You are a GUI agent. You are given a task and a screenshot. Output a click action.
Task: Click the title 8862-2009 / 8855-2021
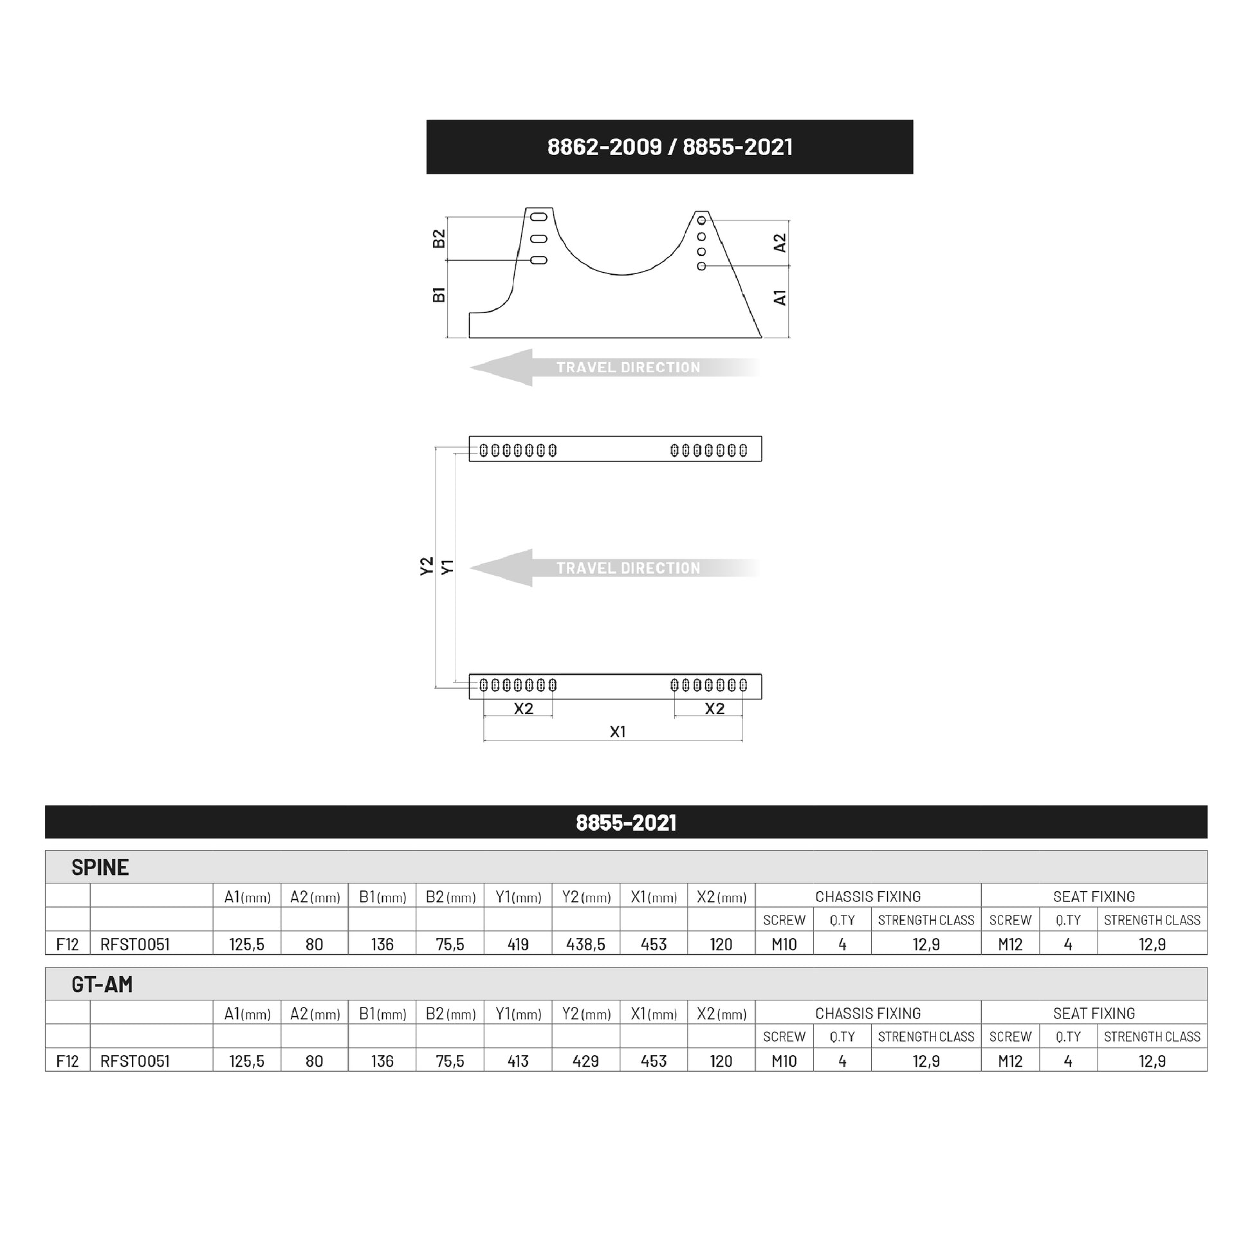[x=669, y=147]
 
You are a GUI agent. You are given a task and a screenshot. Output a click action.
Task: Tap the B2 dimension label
[x=439, y=239]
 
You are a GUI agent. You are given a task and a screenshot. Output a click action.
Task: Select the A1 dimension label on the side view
[x=780, y=297]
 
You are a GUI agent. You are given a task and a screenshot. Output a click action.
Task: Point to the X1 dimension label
[x=618, y=732]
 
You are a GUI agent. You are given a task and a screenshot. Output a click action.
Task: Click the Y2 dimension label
[x=426, y=566]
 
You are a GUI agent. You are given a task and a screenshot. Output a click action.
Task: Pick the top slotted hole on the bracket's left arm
[x=539, y=217]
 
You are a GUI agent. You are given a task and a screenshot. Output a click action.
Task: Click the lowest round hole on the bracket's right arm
[x=701, y=266]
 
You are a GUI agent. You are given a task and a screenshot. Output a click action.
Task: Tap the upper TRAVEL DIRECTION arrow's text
[x=628, y=367]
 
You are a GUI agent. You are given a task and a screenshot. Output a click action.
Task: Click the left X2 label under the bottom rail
[x=523, y=709]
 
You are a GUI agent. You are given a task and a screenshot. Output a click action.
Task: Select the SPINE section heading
[x=100, y=867]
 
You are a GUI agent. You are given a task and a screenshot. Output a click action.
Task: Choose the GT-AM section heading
[x=102, y=984]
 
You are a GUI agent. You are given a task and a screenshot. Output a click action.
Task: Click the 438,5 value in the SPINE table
[x=585, y=944]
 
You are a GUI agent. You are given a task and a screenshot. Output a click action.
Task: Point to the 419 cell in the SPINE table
[x=518, y=944]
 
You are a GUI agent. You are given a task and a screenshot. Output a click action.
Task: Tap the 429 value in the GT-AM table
[x=585, y=1061]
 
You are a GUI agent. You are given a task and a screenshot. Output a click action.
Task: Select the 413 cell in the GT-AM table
[x=518, y=1061]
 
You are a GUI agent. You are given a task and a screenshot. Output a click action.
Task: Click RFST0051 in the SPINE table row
[x=135, y=944]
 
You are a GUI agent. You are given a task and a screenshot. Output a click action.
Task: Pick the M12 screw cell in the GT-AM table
[x=1009, y=1061]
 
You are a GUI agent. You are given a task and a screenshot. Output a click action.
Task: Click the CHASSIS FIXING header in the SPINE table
[x=868, y=896]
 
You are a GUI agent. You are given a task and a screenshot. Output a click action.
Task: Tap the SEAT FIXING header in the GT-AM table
[x=1094, y=1013]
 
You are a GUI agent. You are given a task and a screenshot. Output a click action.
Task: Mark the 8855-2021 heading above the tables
[x=626, y=822]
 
